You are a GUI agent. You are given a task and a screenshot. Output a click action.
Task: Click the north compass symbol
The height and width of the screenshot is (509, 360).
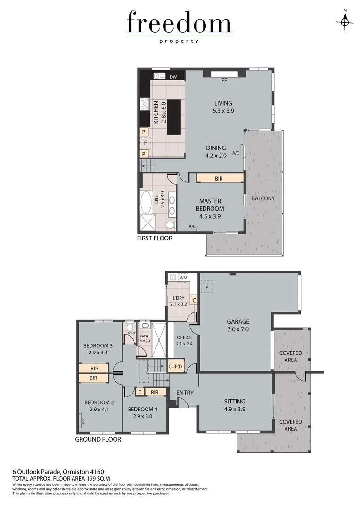click(345, 21)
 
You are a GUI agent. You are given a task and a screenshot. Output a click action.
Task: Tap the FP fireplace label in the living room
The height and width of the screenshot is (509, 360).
click(225, 80)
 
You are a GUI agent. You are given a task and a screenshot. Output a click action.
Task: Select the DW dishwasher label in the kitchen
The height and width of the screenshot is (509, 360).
click(173, 77)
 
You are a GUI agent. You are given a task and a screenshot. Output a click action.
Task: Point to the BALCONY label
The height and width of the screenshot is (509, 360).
click(263, 198)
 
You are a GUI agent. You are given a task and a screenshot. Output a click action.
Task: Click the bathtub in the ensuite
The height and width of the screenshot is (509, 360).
click(146, 203)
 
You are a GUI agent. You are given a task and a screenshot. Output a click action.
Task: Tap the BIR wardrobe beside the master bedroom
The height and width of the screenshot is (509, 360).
click(219, 179)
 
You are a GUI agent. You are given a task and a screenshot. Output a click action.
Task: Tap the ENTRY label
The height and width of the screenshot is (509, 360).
click(185, 393)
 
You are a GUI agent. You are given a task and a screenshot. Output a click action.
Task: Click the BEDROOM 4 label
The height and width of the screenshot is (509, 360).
click(144, 412)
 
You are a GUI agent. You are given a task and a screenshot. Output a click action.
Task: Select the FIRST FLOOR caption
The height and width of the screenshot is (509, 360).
click(155, 238)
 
